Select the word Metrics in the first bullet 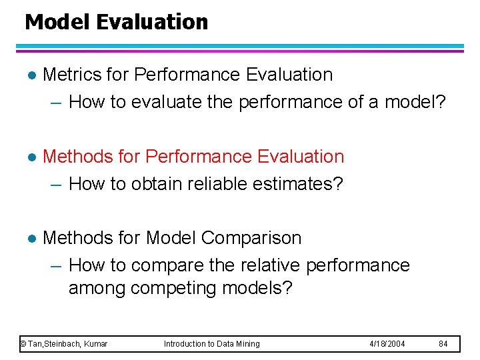(x=71, y=75)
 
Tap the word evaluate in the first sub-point (x=169, y=102)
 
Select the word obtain (x=162, y=184)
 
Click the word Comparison (x=251, y=238)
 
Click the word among (x=97, y=289)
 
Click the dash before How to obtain (x=57, y=185)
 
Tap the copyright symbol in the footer (x=23, y=344)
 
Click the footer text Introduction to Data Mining (x=212, y=344)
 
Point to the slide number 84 (x=443, y=344)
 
